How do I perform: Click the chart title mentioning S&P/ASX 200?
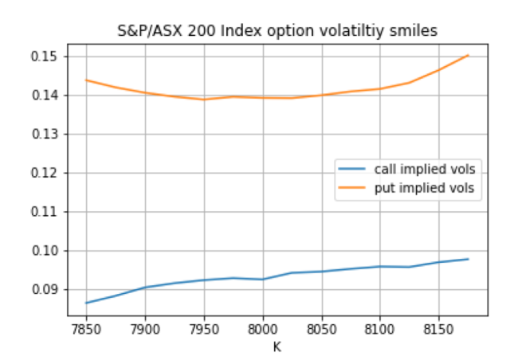coord(277,32)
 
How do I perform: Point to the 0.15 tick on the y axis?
coord(46,57)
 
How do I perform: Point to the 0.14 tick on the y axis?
coord(46,96)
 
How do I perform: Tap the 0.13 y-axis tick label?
coord(46,135)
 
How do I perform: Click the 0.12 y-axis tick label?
coord(46,173)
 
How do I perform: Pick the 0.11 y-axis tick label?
coord(46,212)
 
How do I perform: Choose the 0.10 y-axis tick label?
coord(46,251)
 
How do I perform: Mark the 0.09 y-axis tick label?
coord(46,290)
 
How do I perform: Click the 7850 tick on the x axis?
coord(85,329)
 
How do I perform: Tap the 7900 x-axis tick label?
coord(144,329)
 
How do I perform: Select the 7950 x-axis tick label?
coord(203,329)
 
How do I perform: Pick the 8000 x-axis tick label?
coord(262,329)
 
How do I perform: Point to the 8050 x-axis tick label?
coord(321,329)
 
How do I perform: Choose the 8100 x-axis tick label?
coord(380,329)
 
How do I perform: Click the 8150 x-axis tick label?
coord(439,329)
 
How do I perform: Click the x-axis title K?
coord(277,346)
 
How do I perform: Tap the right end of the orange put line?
coord(469,56)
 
